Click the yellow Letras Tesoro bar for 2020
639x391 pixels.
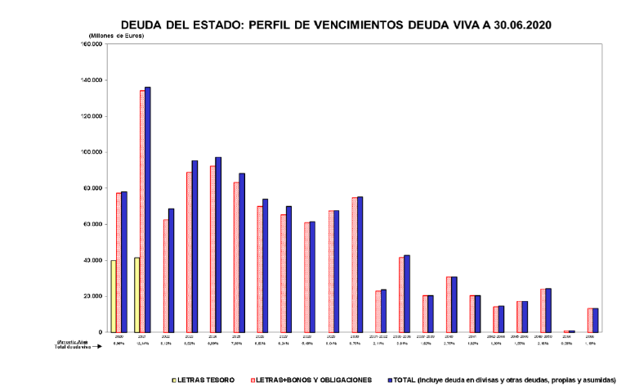pyautogui.click(x=113, y=296)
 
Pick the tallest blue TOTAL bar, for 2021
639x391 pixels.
pyautogui.click(x=147, y=209)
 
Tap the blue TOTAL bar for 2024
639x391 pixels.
pyautogui.click(x=218, y=245)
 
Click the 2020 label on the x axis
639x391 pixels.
pyautogui.click(x=118, y=336)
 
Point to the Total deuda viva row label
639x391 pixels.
pyautogui.click(x=74, y=348)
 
